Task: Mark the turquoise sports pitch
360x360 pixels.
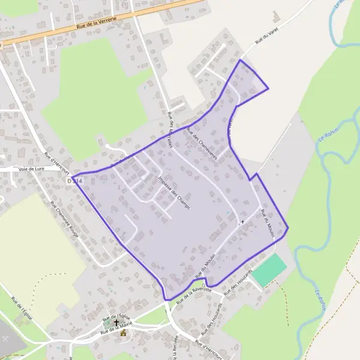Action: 269,271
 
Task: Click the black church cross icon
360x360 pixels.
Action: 116,323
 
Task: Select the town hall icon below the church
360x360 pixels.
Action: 123,333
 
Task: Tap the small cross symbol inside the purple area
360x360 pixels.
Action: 242,222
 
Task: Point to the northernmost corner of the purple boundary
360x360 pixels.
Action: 241,60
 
